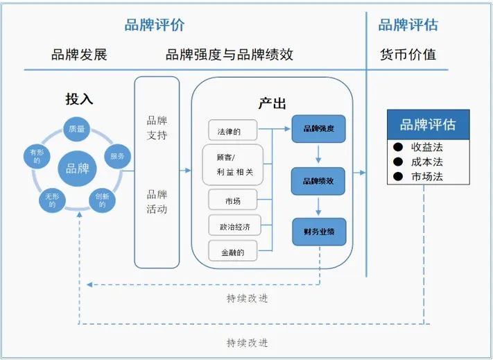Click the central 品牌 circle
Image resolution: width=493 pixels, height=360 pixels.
(x=77, y=168)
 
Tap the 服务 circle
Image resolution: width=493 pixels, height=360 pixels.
(x=117, y=157)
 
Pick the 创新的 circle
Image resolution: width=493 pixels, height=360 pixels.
(x=101, y=201)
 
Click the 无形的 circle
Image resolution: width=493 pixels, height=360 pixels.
(x=51, y=201)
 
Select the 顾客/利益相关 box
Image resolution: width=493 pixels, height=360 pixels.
(x=232, y=164)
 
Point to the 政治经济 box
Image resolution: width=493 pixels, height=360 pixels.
(x=232, y=225)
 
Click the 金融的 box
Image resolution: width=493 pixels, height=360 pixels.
(x=232, y=251)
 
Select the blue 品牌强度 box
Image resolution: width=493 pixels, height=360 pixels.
(x=318, y=129)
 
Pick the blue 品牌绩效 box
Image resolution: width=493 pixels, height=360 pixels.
(x=318, y=180)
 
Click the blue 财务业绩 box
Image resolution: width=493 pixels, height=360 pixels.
(x=318, y=232)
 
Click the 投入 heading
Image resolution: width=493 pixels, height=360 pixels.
(x=79, y=98)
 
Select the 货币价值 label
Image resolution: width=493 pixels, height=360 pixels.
(x=408, y=54)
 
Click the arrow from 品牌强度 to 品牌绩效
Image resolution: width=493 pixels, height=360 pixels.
(x=318, y=155)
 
